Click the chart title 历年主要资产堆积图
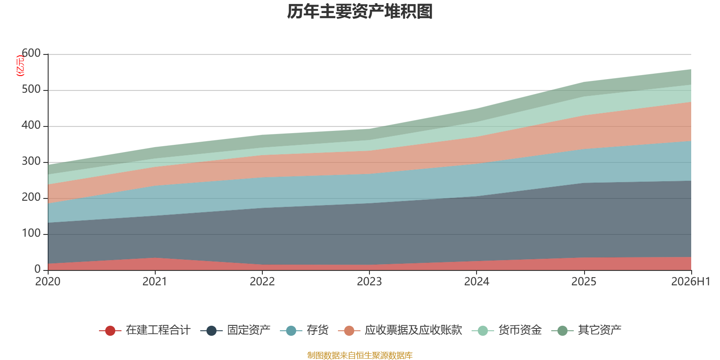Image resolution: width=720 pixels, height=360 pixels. click(x=360, y=12)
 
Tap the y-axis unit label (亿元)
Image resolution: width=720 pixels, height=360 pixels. click(x=20, y=65)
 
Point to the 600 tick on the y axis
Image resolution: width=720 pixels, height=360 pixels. click(x=31, y=53)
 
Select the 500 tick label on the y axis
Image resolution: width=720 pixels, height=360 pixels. click(x=31, y=89)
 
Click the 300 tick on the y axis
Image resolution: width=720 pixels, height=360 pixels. click(x=31, y=161)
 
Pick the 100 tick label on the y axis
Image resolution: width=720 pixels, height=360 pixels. click(x=31, y=233)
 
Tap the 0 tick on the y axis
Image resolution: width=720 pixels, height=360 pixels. click(x=37, y=269)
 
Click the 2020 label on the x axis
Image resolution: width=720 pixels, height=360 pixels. click(x=48, y=282)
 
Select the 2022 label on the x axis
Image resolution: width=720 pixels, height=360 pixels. click(x=262, y=282)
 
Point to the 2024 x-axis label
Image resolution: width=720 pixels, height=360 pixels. click(x=477, y=282)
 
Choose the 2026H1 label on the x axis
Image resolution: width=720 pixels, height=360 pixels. click(x=691, y=282)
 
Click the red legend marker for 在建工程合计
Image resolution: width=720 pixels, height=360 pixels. click(x=110, y=330)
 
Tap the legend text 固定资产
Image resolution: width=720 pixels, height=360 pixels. click(x=249, y=330)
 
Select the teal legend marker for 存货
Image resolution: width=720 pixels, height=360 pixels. click(x=291, y=330)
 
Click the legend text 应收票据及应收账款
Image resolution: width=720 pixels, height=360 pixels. click(x=414, y=330)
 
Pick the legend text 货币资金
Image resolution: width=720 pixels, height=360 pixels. click(x=520, y=330)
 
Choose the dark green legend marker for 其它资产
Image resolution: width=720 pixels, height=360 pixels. click(x=562, y=330)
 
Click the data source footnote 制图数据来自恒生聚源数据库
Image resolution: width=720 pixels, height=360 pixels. click(x=360, y=355)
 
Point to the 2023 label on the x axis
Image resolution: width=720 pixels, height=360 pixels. click(x=369, y=282)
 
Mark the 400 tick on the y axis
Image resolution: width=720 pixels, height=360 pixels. click(x=31, y=125)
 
